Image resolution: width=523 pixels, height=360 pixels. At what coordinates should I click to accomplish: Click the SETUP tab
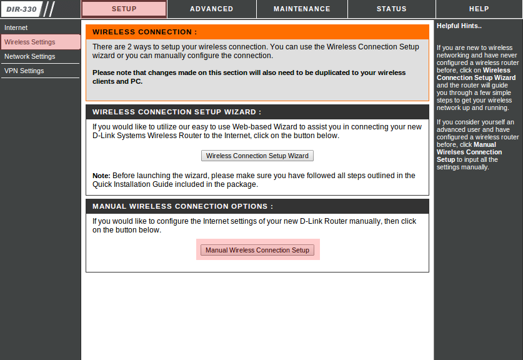124,9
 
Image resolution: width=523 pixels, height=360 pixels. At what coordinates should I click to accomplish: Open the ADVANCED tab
211,9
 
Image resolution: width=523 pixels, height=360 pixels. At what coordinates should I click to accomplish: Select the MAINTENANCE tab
302,9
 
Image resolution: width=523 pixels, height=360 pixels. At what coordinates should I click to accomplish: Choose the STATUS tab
391,9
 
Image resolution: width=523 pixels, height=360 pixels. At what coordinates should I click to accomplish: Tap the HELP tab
479,9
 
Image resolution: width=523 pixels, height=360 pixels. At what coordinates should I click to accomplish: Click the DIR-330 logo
21,9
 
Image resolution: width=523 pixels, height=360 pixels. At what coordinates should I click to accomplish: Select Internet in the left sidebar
16,27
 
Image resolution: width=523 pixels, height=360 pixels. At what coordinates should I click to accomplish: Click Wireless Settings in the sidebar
29,42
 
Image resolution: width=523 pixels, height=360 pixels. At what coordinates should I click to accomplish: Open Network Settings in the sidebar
29,56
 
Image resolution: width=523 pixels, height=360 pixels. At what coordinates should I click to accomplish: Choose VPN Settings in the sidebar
24,71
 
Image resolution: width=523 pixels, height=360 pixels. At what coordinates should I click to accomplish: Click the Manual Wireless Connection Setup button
257,250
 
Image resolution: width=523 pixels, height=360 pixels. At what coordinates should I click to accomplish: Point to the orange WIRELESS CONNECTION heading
144,32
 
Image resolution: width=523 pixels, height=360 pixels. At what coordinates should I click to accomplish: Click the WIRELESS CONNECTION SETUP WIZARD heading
177,112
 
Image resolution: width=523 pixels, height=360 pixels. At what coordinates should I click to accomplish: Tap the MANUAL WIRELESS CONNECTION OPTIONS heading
182,206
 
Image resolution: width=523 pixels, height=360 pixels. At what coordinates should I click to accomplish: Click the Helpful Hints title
459,26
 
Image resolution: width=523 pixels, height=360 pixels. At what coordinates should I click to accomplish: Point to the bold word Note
101,176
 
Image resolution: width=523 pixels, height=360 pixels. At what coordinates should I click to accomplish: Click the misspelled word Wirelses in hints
451,152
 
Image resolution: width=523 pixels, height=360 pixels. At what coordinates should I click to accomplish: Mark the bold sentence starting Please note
249,77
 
